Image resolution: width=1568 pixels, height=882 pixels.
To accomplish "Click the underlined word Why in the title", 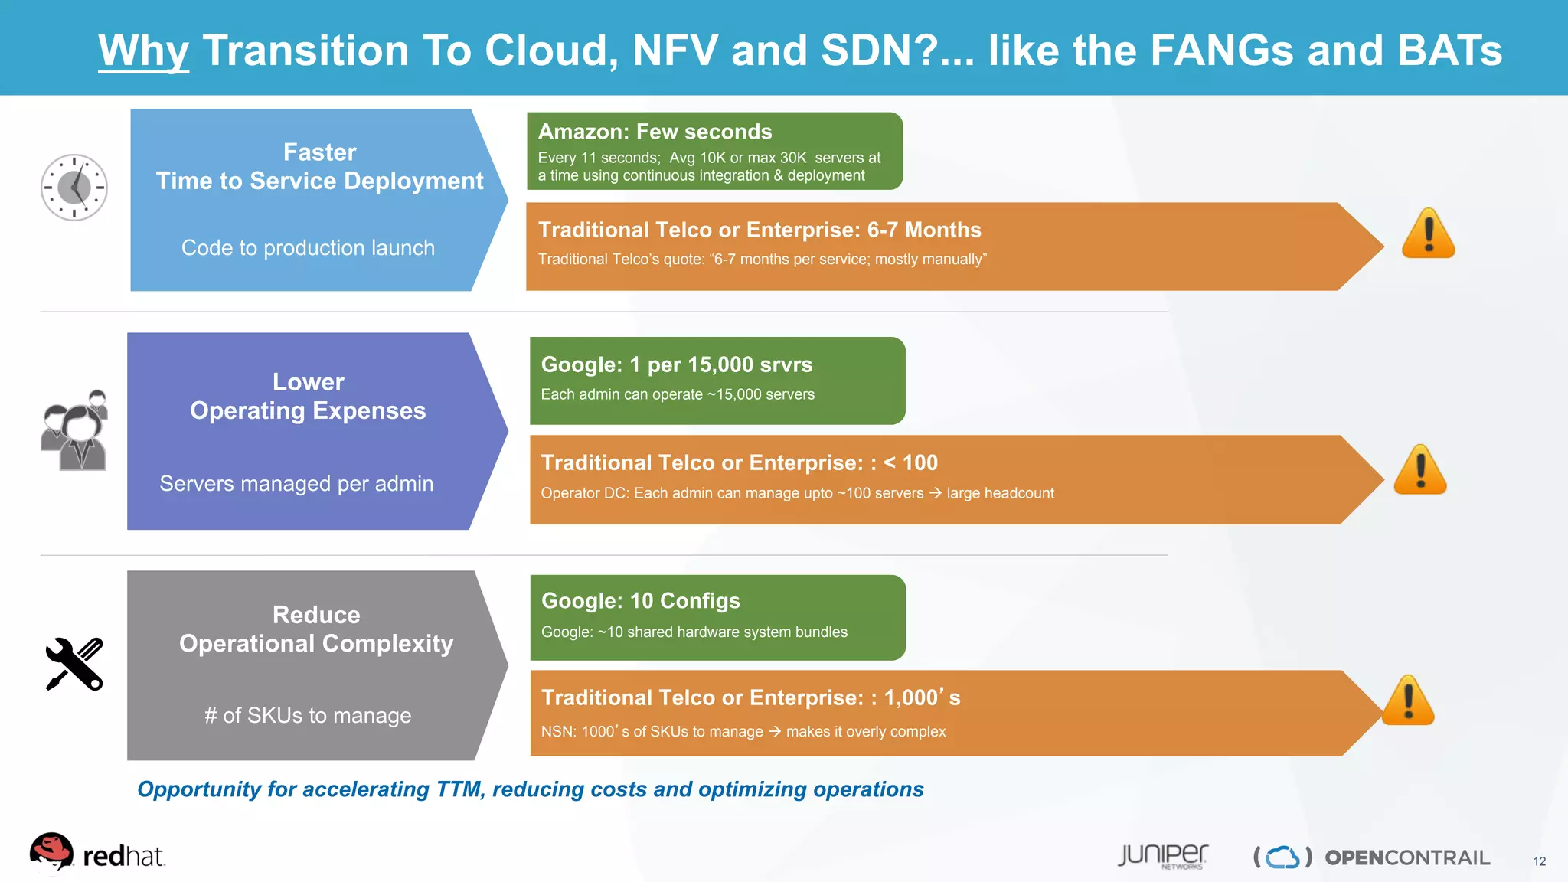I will click(x=143, y=51).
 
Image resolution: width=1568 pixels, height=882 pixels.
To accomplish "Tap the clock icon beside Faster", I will click(x=74, y=188).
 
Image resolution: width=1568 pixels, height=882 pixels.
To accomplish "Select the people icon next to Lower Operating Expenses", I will click(x=74, y=430).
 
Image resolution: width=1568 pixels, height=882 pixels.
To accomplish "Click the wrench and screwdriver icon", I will click(x=74, y=664).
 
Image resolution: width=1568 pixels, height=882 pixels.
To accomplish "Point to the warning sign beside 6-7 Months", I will click(x=1428, y=234).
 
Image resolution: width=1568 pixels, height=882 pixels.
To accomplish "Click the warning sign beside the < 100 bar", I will click(x=1420, y=470).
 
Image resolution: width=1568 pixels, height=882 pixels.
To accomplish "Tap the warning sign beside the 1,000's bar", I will click(x=1408, y=701).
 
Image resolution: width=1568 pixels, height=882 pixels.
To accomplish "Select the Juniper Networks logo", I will click(x=1162, y=856).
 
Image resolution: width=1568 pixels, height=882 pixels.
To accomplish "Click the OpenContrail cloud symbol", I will click(x=1282, y=857).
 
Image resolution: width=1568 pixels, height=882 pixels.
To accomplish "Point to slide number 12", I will click(x=1539, y=861).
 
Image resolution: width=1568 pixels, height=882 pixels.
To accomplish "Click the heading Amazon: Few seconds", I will click(x=655, y=132).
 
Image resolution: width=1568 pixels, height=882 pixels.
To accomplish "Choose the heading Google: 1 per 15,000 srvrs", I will click(x=676, y=364).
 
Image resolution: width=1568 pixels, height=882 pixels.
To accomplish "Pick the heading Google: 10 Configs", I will click(x=640, y=601).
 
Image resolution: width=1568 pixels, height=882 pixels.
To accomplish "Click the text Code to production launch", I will click(x=308, y=248).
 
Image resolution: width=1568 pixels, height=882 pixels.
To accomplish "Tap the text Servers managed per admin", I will click(x=296, y=484).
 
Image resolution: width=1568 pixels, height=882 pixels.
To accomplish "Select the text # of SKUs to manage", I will click(x=308, y=715).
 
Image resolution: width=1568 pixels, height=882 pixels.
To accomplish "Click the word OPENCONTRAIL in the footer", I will click(x=1407, y=857).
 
